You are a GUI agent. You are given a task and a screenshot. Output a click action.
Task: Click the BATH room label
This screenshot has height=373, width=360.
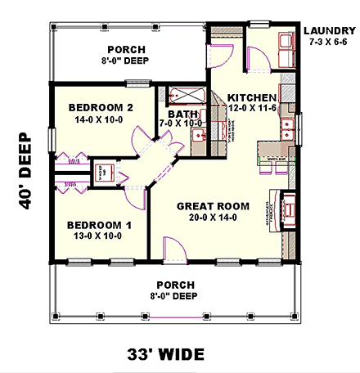(x=182, y=114)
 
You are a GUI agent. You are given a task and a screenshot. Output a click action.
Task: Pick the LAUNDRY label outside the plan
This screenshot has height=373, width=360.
(x=327, y=31)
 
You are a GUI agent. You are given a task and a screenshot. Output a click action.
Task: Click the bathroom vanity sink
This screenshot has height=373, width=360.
(x=198, y=136)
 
